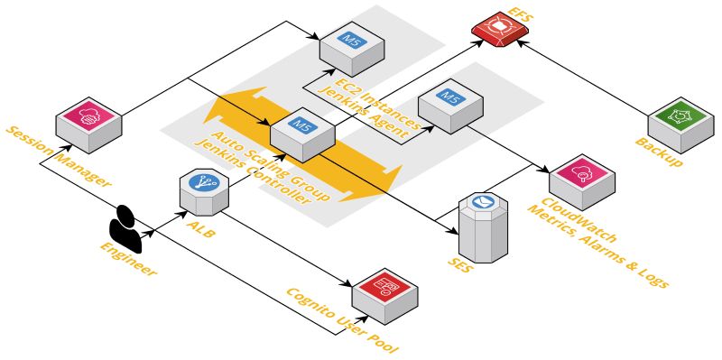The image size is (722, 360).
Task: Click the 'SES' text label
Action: (462, 264)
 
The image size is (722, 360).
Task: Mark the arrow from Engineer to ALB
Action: (162, 225)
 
